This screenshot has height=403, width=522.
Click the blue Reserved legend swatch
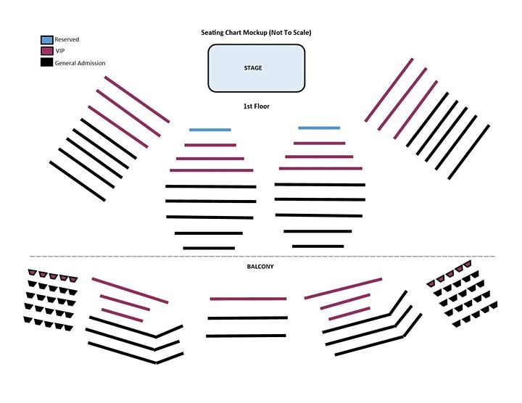click(46, 40)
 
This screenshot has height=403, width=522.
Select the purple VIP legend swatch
click(46, 51)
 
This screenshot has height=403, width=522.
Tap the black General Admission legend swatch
click(46, 63)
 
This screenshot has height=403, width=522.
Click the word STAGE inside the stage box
click(253, 68)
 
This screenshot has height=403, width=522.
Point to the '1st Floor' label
click(256, 107)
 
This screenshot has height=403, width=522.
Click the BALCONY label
click(259, 267)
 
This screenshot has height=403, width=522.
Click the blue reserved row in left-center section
click(210, 130)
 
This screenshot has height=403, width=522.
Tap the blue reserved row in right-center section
click(319, 128)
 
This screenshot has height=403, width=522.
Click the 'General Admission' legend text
click(80, 63)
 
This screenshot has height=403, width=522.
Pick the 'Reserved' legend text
click(67, 40)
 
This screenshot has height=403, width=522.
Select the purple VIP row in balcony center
click(248, 299)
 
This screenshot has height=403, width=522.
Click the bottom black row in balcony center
click(247, 336)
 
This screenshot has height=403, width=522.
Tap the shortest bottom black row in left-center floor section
click(209, 248)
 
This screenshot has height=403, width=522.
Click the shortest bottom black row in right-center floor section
click(318, 246)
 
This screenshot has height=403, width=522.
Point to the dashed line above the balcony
click(261, 257)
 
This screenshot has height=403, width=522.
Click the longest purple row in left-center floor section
click(211, 170)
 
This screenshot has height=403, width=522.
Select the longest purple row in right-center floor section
click(320, 168)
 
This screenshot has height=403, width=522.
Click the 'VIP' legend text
click(60, 51)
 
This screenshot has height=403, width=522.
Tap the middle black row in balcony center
click(248, 317)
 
